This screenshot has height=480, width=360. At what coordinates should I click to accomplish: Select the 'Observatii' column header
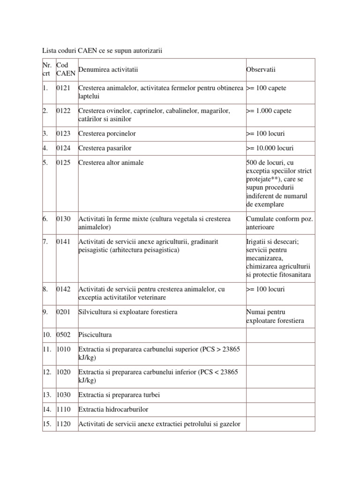261,70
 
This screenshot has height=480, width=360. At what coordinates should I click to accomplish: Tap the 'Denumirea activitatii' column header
108,70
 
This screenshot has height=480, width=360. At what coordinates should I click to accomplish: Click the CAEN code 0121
63,89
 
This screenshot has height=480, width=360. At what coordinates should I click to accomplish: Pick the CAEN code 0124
63,148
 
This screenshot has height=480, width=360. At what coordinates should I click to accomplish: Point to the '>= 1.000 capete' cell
269,111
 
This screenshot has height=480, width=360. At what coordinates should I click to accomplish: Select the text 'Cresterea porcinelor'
107,134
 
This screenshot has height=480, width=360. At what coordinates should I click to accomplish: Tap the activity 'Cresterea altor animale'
111,163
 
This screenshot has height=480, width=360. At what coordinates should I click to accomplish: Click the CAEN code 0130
63,219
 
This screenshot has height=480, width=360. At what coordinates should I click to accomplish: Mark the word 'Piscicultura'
96,335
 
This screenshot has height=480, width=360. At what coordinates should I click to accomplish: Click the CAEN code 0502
63,335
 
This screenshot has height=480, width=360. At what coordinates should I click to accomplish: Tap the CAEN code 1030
63,394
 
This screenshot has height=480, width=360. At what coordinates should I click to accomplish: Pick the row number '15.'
47,424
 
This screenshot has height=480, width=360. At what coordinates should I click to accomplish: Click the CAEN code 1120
63,424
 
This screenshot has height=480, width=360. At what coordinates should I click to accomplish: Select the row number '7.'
45,241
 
